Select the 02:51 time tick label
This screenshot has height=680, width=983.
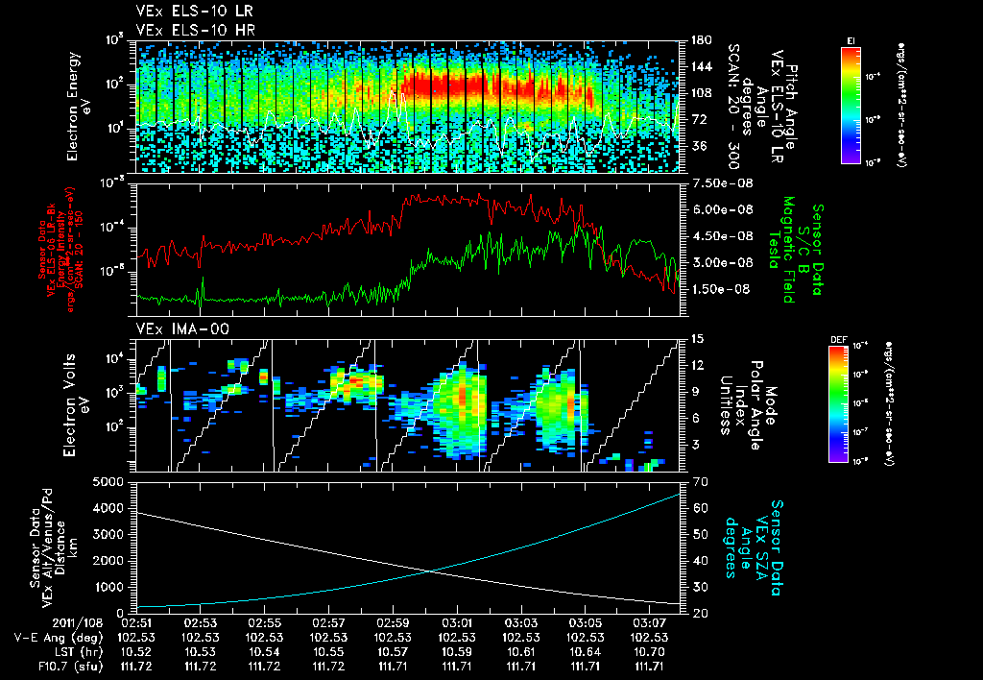[137, 622]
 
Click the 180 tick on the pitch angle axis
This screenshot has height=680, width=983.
[700, 40]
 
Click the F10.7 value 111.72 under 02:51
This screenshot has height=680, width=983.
[137, 666]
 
